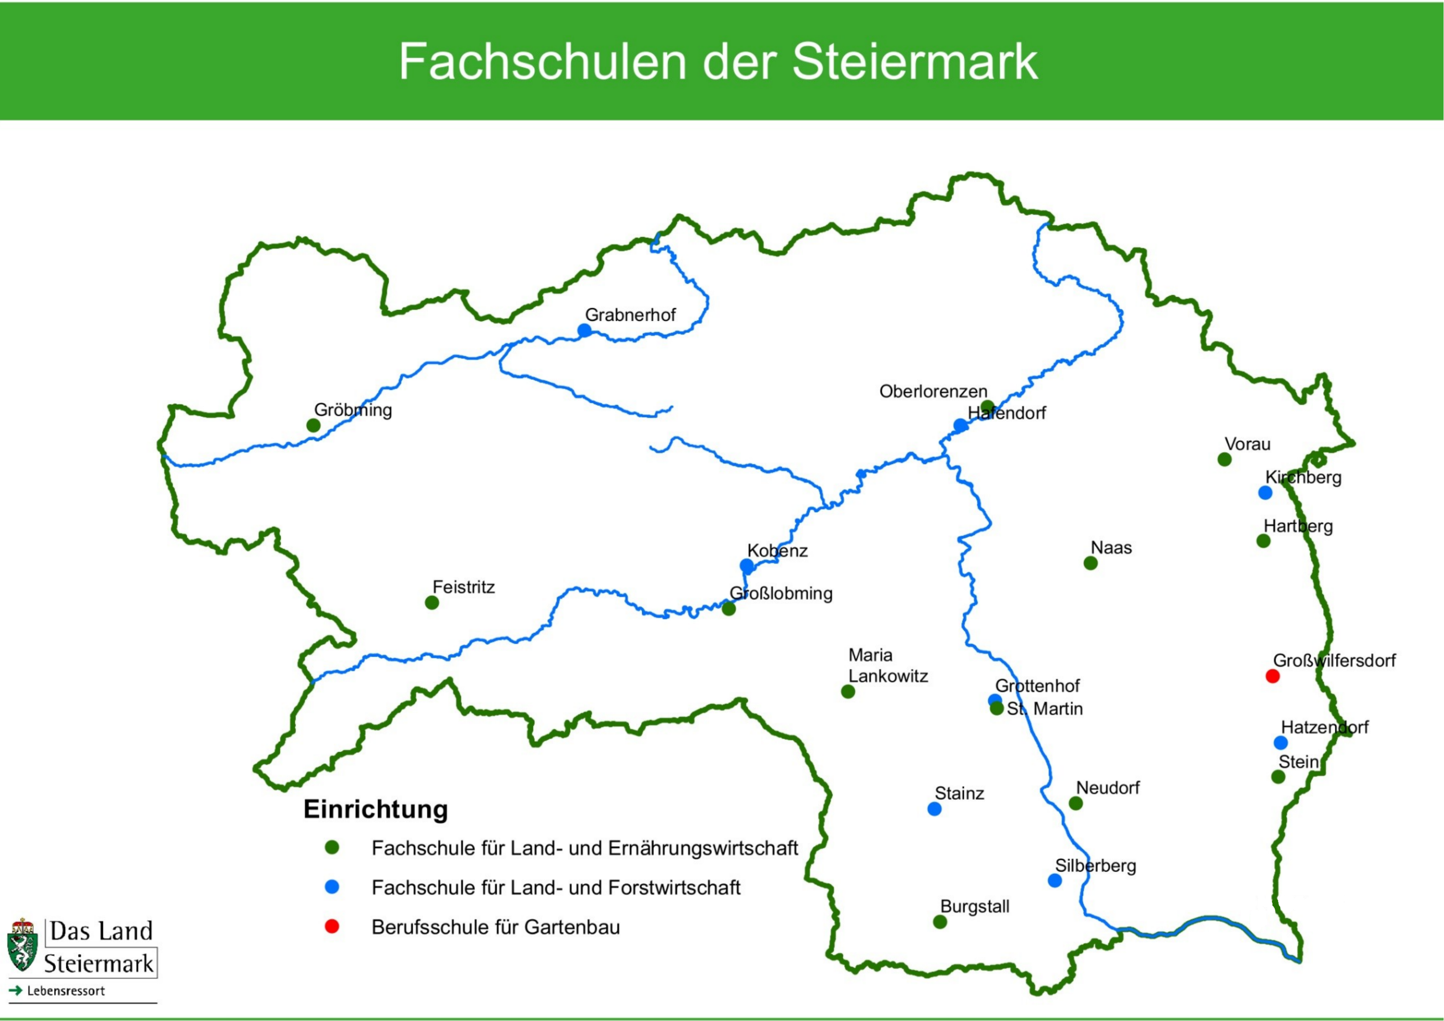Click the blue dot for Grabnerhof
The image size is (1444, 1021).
pyautogui.click(x=584, y=330)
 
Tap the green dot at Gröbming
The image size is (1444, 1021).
pyautogui.click(x=313, y=425)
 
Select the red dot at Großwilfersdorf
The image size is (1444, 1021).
pyautogui.click(x=1273, y=676)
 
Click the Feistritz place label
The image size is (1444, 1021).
pyautogui.click(x=463, y=587)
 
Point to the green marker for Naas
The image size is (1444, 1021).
pyautogui.click(x=1091, y=564)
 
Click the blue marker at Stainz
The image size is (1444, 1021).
pyautogui.click(x=935, y=809)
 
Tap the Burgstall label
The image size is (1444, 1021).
pyautogui.click(x=975, y=906)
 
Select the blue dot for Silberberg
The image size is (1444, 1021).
pyautogui.click(x=1055, y=881)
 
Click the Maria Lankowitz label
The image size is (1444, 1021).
pyautogui.click(x=888, y=666)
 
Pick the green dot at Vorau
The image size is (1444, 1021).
pyautogui.click(x=1225, y=460)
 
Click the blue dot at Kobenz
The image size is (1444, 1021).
pyautogui.click(x=746, y=566)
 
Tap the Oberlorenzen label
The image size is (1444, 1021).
pyautogui.click(x=933, y=392)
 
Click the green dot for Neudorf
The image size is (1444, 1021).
pyautogui.click(x=1075, y=804)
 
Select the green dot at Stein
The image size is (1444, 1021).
pyautogui.click(x=1278, y=777)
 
